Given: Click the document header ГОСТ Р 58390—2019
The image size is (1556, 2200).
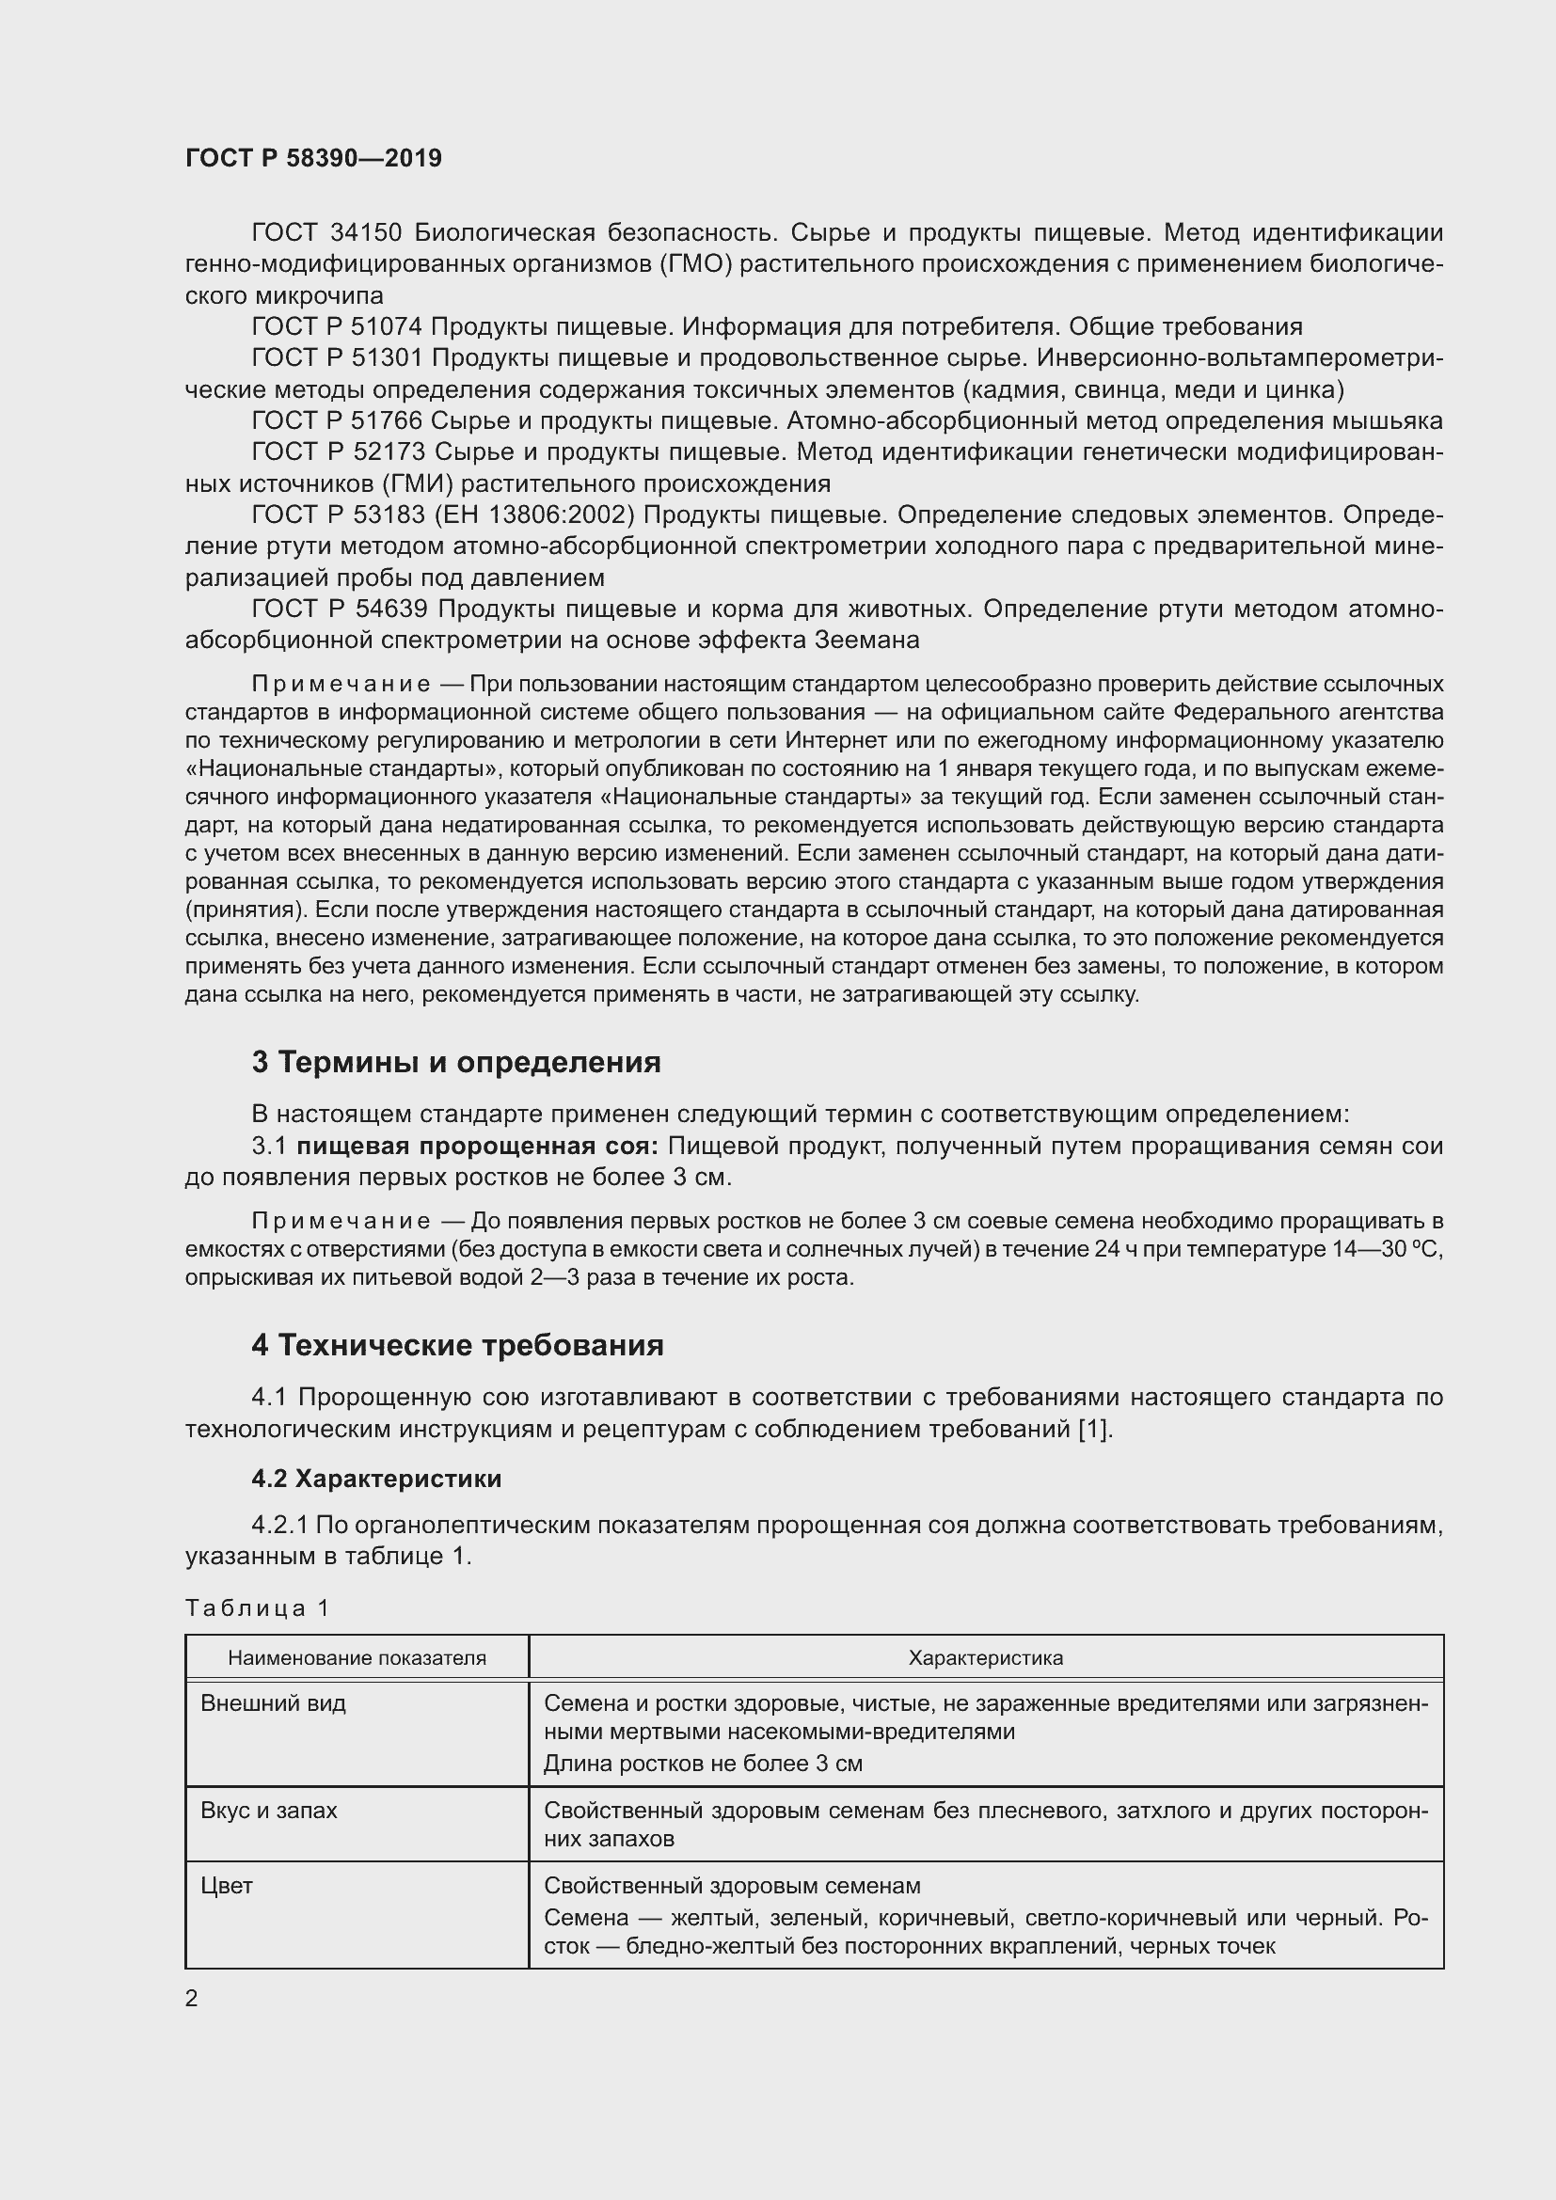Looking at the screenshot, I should (313, 158).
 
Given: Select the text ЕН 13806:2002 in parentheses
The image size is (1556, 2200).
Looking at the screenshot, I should (534, 514).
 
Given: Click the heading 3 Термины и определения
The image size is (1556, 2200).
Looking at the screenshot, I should (456, 1062).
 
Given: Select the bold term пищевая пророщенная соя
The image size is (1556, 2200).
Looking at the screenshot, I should (477, 1146).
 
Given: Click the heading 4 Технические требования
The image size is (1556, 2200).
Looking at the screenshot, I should (457, 1345).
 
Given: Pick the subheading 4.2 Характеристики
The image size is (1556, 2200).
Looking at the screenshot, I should (376, 1479).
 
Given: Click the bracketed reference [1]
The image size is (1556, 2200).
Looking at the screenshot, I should (1094, 1429).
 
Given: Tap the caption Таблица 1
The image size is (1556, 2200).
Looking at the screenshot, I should (257, 1607).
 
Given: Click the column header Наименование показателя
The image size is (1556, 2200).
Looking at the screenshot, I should (357, 1657).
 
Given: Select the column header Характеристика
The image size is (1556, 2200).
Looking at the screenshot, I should (985, 1657).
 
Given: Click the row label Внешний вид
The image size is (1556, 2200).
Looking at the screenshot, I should (273, 1702).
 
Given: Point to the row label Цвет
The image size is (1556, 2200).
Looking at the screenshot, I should (227, 1886).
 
